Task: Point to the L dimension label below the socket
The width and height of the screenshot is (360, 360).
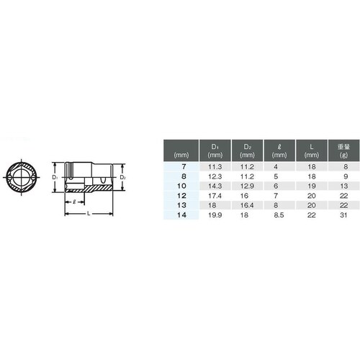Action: [x=88, y=214]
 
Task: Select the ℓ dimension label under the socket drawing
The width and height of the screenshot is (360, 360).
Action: [x=74, y=202]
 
